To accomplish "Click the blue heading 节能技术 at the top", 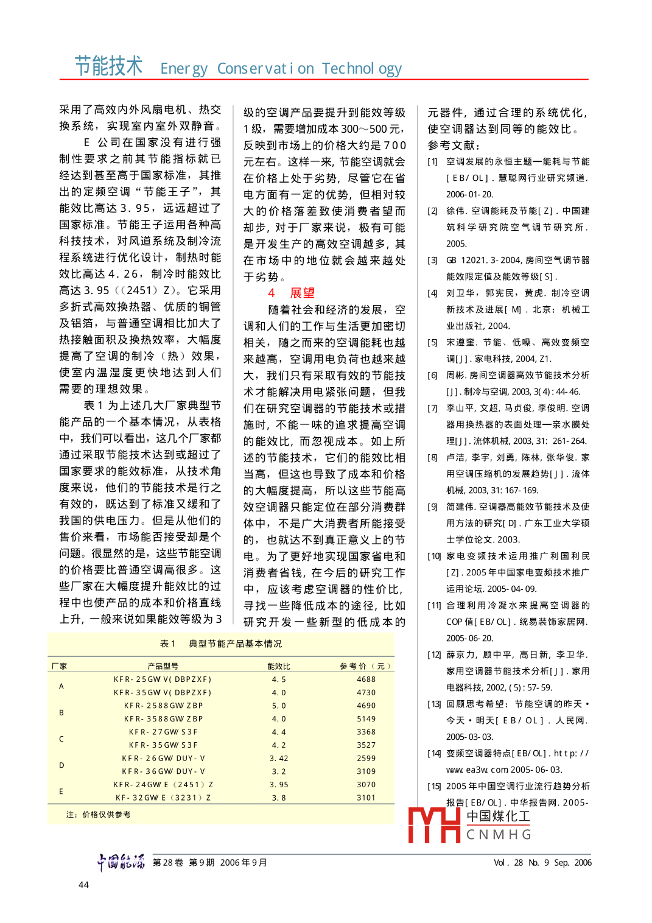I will tap(108, 66).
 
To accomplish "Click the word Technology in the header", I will tap(362, 69).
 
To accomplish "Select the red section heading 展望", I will tap(302, 293).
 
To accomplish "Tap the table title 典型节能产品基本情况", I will tap(235, 644).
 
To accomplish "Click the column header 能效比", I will tap(279, 666).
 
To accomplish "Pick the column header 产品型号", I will tap(163, 666).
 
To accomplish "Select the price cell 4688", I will tap(366, 679).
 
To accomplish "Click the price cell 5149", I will tap(366, 719).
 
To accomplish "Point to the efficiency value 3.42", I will tap(279, 759).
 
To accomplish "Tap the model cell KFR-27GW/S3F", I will tap(163, 732).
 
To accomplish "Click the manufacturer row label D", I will tap(61, 765).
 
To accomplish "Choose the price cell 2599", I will tap(366, 759).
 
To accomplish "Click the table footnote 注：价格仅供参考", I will tap(99, 815).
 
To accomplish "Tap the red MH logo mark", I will tap(433, 826).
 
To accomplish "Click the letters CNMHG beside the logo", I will tap(499, 835).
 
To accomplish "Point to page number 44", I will tap(84, 885).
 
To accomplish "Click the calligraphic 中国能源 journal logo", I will tap(121, 862).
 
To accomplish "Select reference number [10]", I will tap(434, 556).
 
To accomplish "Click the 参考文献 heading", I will tap(454, 146).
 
